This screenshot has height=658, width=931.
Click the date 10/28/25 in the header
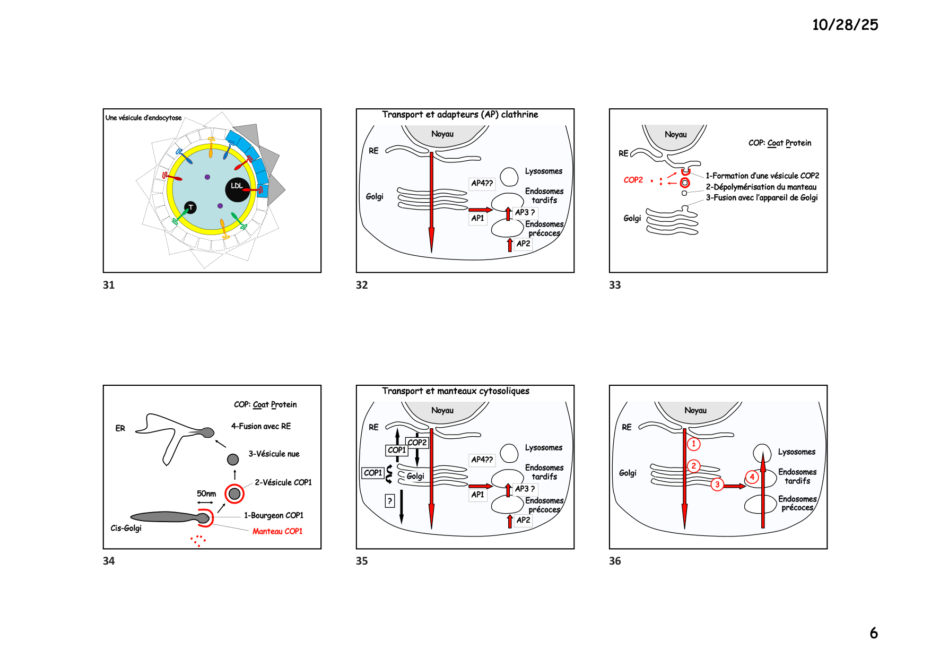click(x=845, y=24)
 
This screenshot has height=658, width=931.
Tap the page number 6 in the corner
click(x=874, y=633)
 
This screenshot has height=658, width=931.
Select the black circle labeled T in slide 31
click(x=190, y=207)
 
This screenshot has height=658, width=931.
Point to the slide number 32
click(x=362, y=285)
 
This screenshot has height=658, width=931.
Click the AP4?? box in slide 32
click(x=482, y=184)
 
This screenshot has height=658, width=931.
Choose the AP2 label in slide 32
click(x=523, y=244)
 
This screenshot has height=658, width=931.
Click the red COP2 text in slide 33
click(x=633, y=180)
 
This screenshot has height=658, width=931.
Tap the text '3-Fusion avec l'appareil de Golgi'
click(x=761, y=197)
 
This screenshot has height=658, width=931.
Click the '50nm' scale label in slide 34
click(x=206, y=493)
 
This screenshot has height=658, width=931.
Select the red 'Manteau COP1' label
click(x=277, y=531)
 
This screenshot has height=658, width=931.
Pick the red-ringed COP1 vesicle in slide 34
click(x=234, y=493)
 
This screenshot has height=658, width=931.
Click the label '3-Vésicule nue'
click(x=274, y=454)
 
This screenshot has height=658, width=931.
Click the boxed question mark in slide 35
click(x=390, y=500)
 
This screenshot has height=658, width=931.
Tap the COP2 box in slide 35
click(x=417, y=443)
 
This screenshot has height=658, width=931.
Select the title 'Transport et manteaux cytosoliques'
click(x=456, y=391)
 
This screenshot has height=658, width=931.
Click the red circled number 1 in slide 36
click(x=693, y=444)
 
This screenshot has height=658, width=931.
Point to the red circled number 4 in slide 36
click(x=752, y=477)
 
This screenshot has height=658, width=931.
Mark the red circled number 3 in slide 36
click(x=717, y=484)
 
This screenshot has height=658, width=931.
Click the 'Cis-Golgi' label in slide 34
click(x=126, y=528)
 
